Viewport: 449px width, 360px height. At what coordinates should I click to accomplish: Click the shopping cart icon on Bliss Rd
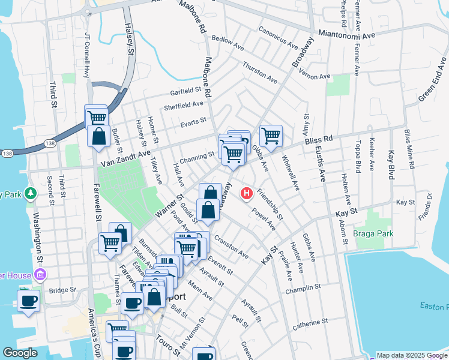coord(271,135)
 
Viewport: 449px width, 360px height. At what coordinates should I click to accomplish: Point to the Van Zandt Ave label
coord(125,159)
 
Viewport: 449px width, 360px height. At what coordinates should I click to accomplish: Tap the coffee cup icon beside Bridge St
coord(28,300)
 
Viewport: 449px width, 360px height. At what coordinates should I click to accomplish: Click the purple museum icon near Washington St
coord(41,275)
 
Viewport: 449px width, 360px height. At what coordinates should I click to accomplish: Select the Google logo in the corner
coord(20,353)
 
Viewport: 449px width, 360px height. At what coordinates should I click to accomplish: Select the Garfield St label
coord(185,91)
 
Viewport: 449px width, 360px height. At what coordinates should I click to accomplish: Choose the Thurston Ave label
coord(260,72)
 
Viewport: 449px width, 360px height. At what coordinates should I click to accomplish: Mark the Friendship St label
coord(270,203)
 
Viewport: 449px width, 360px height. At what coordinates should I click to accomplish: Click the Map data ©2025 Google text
coord(411,355)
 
